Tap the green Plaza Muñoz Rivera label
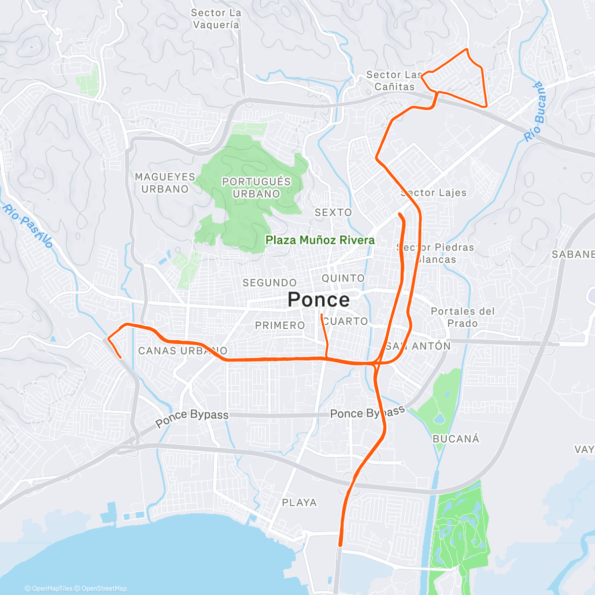point(320,240)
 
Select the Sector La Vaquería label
point(216,19)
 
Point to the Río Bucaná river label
point(536,111)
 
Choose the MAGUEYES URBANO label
point(165,183)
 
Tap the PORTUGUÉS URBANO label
point(256,187)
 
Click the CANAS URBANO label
point(182,351)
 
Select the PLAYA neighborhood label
point(299,503)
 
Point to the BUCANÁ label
point(456,439)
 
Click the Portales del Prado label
point(463,317)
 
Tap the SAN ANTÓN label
point(418,346)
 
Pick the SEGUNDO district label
point(269,283)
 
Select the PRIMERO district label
point(280,325)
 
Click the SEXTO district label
point(333,212)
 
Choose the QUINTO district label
point(343,278)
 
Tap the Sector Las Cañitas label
point(394,81)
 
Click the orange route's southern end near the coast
point(340,545)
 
